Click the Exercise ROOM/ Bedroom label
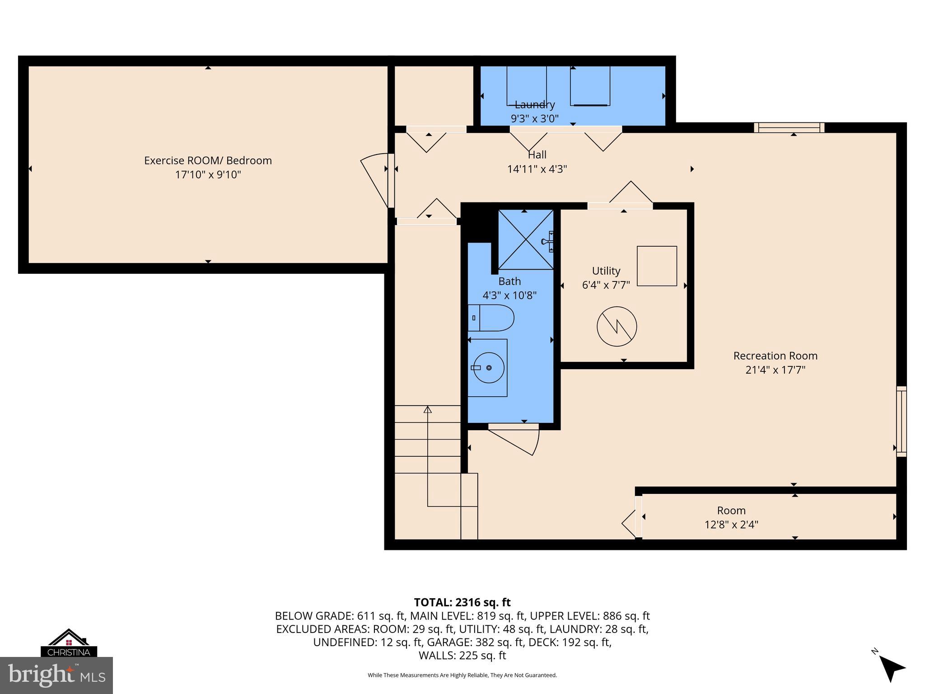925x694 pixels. click(x=208, y=160)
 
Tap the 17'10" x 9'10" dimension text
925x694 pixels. click(x=208, y=175)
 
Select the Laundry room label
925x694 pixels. click(x=535, y=104)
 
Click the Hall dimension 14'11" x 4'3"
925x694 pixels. click(x=537, y=169)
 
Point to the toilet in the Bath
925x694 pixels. click(x=491, y=318)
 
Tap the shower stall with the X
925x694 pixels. click(x=526, y=239)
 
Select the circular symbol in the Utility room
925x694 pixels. click(x=617, y=326)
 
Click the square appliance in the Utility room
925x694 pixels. click(x=657, y=266)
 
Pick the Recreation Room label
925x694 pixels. click(x=775, y=356)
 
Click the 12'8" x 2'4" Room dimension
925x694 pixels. click(x=731, y=525)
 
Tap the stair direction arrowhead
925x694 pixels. click(x=427, y=409)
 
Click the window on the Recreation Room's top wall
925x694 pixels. click(x=789, y=128)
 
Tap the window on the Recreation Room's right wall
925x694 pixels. click(x=901, y=421)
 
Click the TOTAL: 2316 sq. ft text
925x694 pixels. click(x=462, y=602)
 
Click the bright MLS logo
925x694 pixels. click(x=56, y=675)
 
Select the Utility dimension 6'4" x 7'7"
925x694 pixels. click(x=606, y=285)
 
